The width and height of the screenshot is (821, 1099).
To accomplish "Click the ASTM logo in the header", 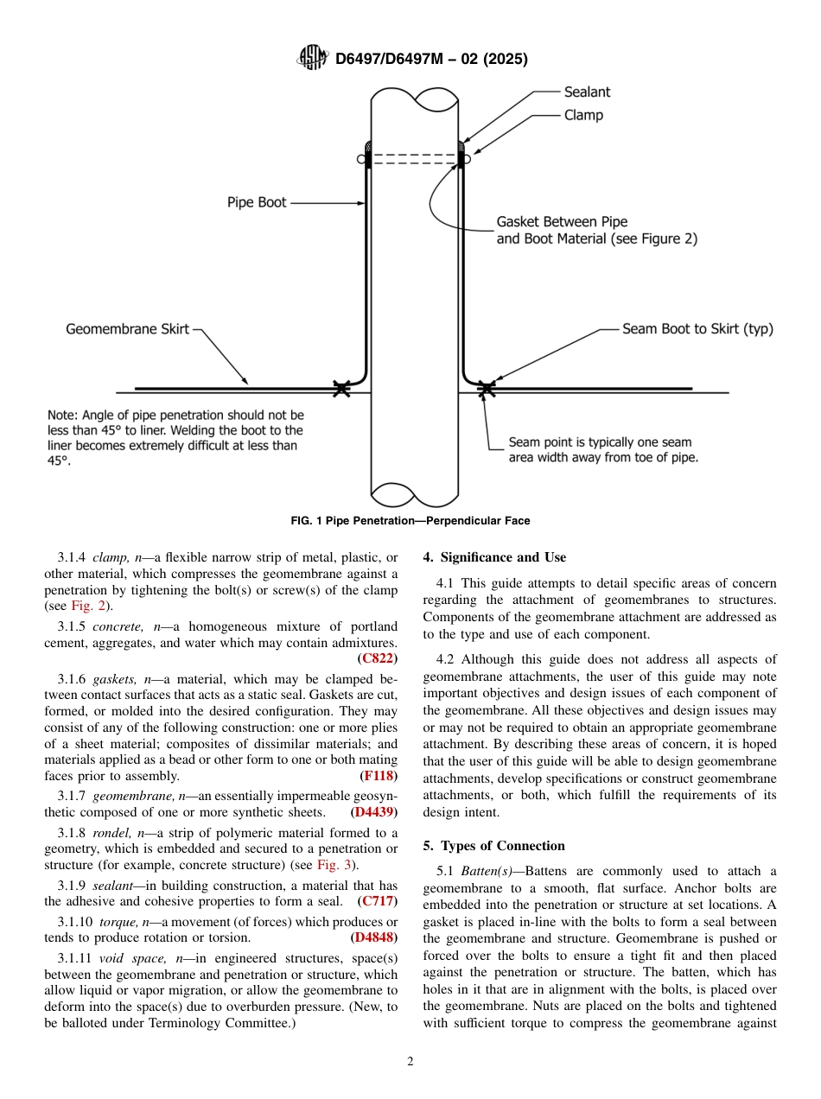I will tap(312, 58).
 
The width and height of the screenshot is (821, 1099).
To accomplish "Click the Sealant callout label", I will tap(587, 92).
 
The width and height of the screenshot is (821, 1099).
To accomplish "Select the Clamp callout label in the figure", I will tap(583, 115).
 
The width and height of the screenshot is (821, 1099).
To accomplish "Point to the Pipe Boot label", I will tap(257, 203).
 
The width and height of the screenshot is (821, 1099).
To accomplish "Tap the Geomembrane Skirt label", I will tap(127, 329).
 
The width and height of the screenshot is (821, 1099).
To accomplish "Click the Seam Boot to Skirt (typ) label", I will tap(697, 329).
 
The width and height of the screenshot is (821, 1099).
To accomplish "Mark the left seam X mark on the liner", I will tap(342, 389).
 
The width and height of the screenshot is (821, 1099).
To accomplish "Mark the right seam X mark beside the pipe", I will tap(487, 389).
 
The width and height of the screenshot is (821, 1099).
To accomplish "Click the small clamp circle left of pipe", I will tap(360, 159).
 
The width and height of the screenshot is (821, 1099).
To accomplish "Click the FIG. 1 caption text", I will tap(410, 521).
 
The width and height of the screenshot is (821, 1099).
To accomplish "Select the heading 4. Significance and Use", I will tap(494, 557).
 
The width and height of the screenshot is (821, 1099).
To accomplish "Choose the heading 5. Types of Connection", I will tap(493, 846).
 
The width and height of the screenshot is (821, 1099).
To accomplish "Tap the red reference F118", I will tap(379, 776).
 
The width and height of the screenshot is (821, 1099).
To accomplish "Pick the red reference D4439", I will tap(374, 812).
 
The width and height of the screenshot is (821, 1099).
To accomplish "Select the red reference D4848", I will tap(374, 937).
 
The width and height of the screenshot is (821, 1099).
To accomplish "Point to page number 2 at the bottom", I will tap(410, 1062).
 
